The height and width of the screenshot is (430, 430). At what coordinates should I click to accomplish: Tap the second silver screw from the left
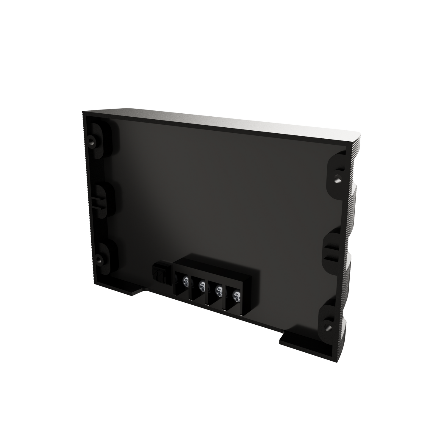(x=202, y=286)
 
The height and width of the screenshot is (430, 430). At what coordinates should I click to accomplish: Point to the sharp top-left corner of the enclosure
(x=83, y=111)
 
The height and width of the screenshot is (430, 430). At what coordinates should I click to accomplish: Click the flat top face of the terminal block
(x=214, y=265)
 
